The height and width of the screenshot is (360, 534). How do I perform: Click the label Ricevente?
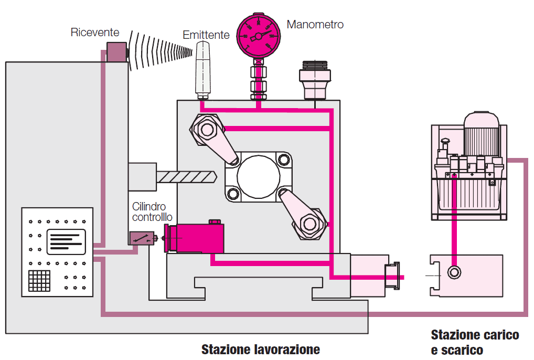95,33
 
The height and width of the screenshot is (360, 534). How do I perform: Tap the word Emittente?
206,35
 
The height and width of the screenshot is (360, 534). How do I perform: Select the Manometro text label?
315,25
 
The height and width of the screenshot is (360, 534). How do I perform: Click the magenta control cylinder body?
200,239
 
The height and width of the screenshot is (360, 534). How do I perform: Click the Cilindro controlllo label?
152,213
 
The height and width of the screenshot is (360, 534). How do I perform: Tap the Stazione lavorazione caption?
260,349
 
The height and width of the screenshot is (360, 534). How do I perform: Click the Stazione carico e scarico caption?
475,342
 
